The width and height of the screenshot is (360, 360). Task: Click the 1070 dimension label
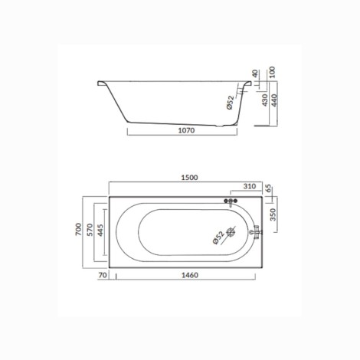tap(186, 130)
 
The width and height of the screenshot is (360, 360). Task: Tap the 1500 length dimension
tap(189, 178)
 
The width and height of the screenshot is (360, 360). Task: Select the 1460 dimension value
tap(190, 275)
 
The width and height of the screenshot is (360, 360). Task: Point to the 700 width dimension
tap(79, 229)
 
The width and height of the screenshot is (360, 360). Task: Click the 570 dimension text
tap(90, 230)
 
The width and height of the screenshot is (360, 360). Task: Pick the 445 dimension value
tap(100, 230)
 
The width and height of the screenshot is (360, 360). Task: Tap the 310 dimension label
tap(250, 186)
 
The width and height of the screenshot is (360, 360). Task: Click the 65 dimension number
tap(268, 189)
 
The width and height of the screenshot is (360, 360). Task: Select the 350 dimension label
tap(273, 214)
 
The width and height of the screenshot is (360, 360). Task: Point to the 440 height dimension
tap(273, 100)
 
